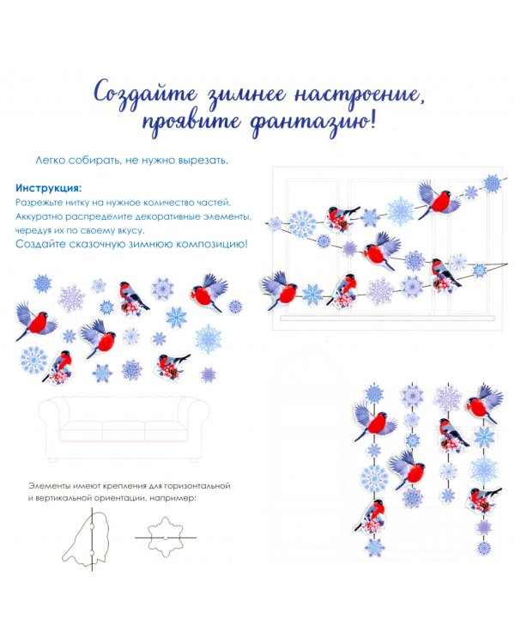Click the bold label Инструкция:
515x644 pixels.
(x=48, y=189)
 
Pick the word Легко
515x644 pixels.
(x=50, y=161)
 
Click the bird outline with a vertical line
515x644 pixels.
(x=87, y=538)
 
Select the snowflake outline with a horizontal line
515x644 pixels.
(x=165, y=538)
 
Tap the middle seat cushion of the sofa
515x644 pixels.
(x=124, y=430)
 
